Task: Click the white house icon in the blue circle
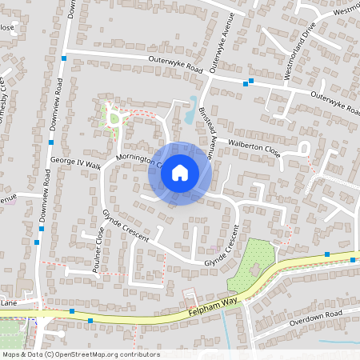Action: tap(180, 173)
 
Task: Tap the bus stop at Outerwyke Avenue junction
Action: tap(250, 81)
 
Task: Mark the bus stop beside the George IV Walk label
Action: tap(50, 142)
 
